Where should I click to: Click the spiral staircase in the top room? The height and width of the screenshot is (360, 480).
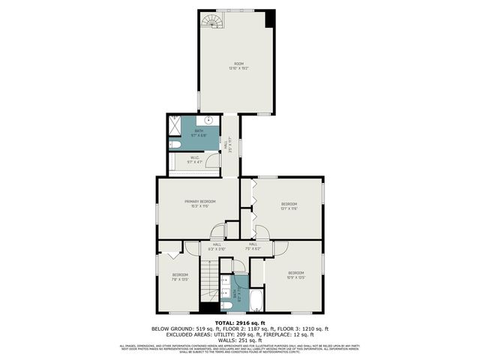coord(213,20)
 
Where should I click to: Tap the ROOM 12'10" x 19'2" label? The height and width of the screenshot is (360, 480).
coord(238,65)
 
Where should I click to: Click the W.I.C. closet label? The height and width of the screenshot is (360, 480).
coord(193,159)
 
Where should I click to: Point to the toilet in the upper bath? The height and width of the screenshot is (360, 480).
coord(173,145)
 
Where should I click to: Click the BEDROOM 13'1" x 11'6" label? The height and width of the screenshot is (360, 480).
coord(289,206)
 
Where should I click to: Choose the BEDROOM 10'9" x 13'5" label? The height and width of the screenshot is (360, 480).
coord(295,274)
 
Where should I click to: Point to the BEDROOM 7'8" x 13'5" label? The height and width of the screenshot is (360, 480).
coord(180,277)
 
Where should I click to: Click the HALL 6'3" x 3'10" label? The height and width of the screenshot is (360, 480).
coord(217,246)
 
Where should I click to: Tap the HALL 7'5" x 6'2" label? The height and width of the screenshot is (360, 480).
coord(253,246)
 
